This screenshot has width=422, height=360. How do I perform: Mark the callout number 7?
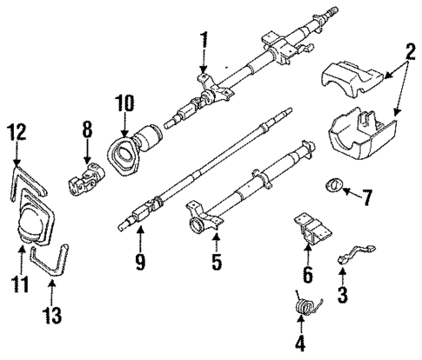coord(366,198)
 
